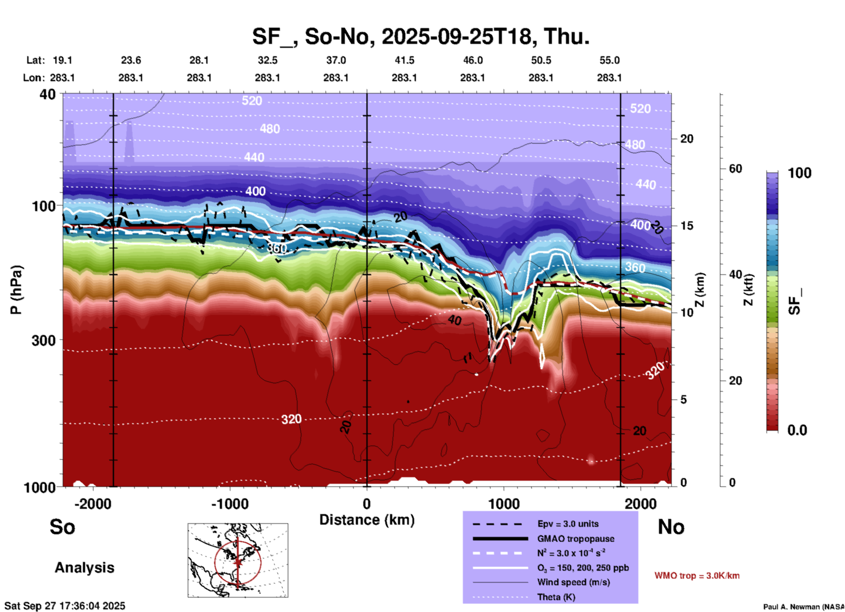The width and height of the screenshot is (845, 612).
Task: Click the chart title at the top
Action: coord(420,36)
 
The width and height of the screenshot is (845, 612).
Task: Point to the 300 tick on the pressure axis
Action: coord(43,340)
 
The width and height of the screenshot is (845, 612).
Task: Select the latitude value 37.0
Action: coord(336,60)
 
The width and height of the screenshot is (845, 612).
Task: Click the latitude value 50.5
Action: coord(541,60)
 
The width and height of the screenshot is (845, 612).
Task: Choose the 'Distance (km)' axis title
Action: coord(367,520)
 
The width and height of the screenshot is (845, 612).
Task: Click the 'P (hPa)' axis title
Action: coord(16,290)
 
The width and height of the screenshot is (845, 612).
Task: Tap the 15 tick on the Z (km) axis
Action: coord(687,226)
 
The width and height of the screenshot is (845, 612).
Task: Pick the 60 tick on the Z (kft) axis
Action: coord(735,169)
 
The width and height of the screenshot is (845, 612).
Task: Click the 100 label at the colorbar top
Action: coord(799,173)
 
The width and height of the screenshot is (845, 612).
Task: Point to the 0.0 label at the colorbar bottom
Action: coord(797,430)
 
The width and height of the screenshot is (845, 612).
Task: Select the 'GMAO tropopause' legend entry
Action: coord(576,539)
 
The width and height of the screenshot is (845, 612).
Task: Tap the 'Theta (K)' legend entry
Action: coord(556,597)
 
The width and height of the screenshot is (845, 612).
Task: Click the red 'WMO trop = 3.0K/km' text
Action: coord(697,576)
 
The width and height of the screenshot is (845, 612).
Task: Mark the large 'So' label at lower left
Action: coord(62,527)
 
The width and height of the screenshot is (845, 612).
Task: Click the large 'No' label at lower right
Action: coord(671,527)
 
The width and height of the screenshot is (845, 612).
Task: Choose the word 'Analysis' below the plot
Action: coord(84,568)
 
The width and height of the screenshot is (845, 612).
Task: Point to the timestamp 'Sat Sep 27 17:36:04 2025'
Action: coord(65,606)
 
